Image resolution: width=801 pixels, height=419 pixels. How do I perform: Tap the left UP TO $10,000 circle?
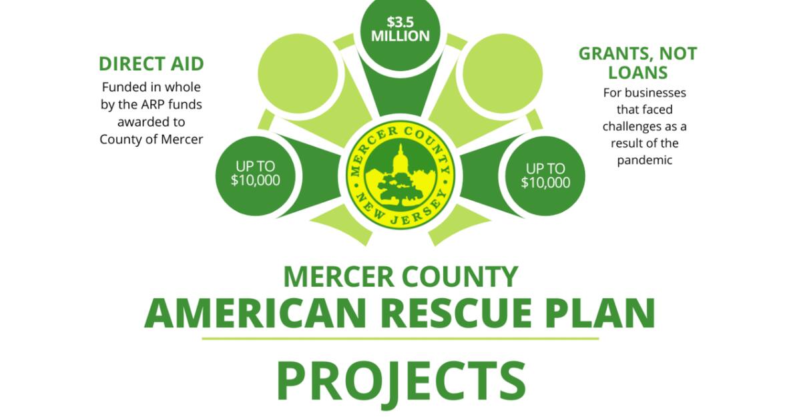[255, 175]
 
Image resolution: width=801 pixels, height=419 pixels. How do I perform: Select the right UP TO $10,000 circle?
[546, 175]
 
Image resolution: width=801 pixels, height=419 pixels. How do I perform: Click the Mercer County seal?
[400, 175]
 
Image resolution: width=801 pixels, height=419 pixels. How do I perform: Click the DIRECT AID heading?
[152, 64]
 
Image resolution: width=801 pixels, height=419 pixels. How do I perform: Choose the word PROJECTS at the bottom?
[400, 380]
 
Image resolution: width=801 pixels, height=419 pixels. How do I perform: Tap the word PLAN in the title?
[608, 312]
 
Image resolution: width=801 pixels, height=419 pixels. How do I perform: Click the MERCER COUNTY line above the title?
[400, 276]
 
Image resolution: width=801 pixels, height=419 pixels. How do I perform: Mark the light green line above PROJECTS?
[400, 338]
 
